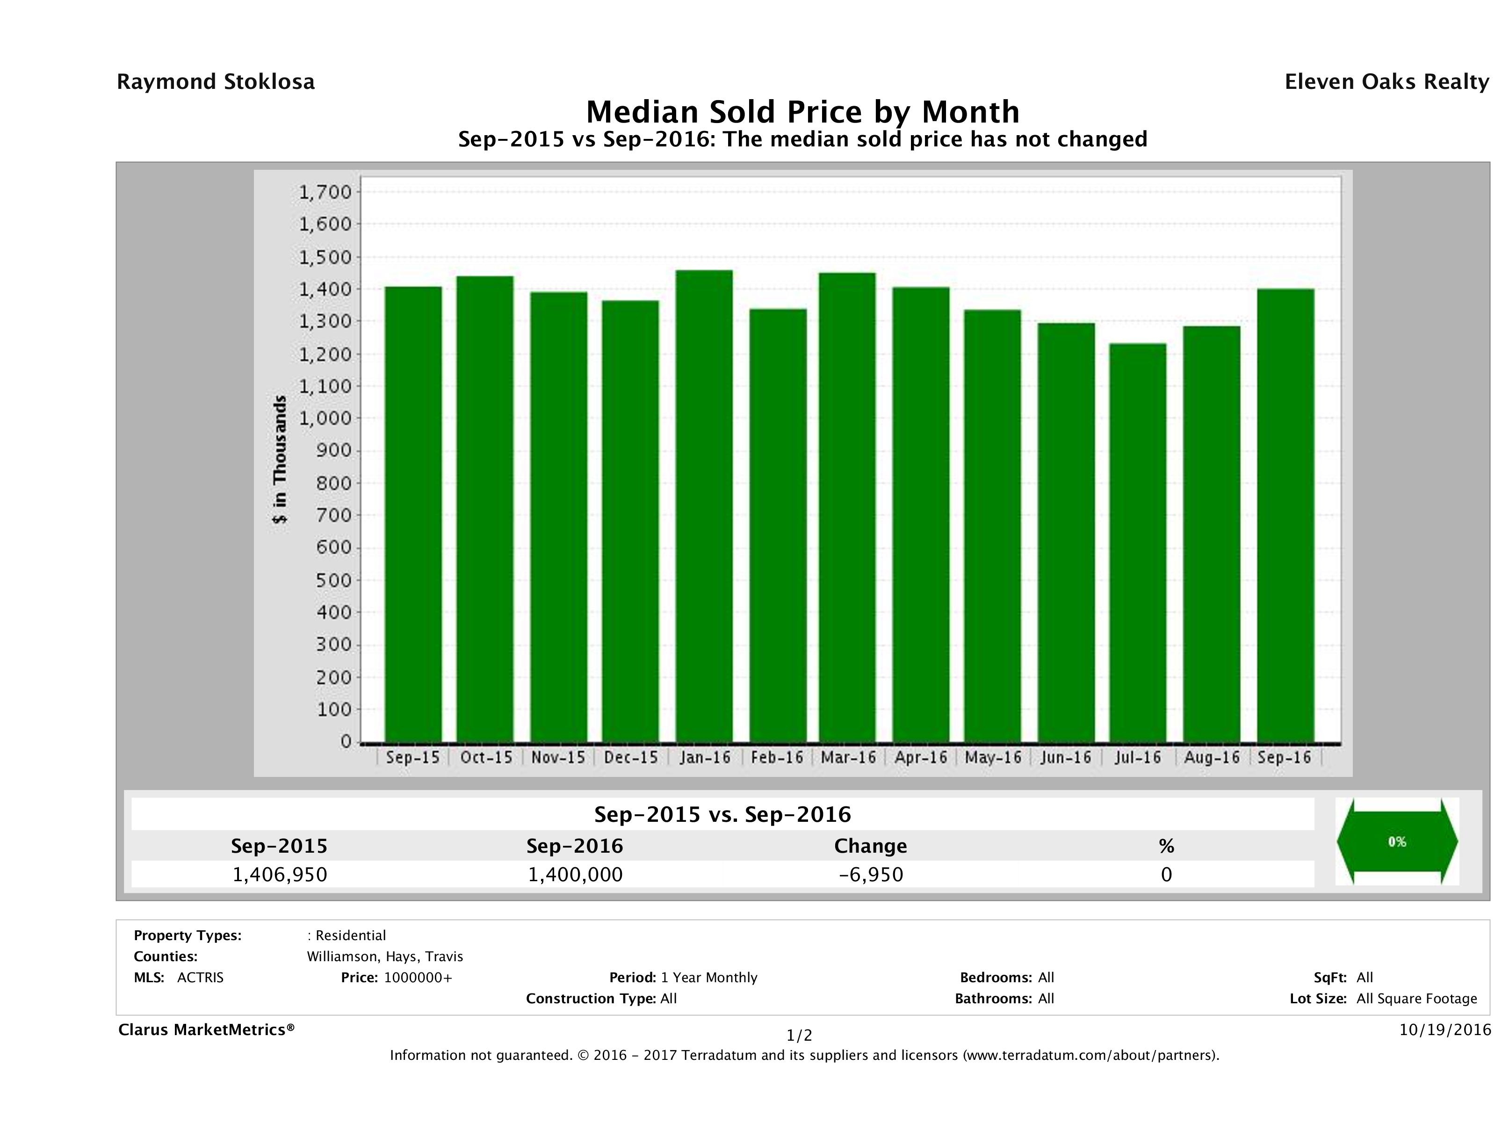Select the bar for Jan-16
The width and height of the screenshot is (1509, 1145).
(704, 506)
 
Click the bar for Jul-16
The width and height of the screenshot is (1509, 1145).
(1137, 543)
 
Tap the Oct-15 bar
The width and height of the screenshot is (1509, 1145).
(485, 509)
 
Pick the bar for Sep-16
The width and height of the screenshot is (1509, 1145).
(1285, 515)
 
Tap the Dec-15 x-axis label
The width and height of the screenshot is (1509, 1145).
(631, 757)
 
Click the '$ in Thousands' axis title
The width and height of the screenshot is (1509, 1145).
(280, 459)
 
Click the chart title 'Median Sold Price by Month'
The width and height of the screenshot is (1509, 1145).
(802, 111)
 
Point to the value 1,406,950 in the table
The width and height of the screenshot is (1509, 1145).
(280, 874)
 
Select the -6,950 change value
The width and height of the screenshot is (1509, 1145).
(871, 874)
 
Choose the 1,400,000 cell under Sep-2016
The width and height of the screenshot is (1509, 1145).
(575, 874)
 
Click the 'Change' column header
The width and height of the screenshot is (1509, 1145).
(871, 846)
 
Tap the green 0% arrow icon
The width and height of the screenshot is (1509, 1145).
(1396, 841)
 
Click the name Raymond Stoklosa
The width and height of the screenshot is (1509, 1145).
(216, 82)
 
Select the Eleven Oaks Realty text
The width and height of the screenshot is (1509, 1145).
(1386, 82)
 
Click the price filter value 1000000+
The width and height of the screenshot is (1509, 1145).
(418, 978)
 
